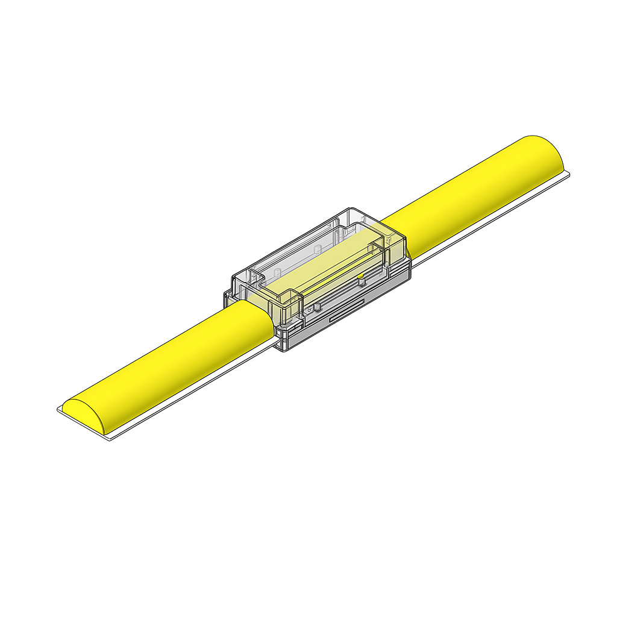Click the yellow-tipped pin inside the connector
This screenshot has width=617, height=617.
coord(360,277)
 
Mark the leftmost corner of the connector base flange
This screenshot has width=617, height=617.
coord(224,295)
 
